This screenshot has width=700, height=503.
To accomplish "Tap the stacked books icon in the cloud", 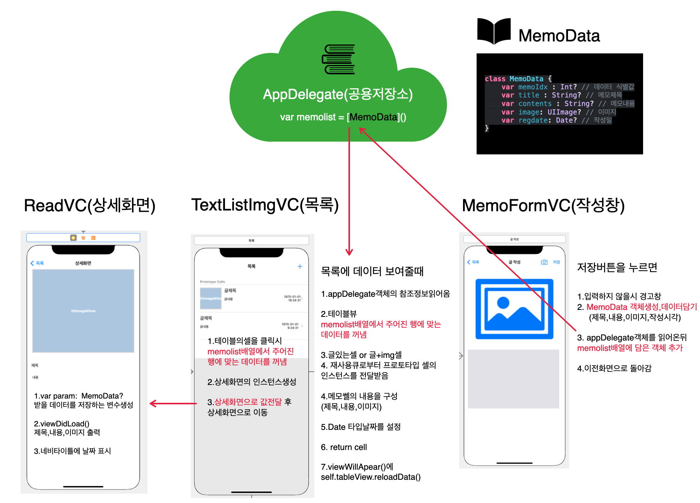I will [x=339, y=59].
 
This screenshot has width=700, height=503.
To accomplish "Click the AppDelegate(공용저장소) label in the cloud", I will [x=338, y=94].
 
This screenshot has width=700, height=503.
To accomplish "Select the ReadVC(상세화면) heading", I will [x=89, y=205].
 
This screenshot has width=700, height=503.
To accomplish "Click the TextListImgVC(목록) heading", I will [x=265, y=205].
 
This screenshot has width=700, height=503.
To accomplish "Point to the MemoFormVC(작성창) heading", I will [x=543, y=205].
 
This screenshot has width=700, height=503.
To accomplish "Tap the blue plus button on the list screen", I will [x=300, y=266].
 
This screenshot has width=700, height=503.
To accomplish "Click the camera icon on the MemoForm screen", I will [x=544, y=262].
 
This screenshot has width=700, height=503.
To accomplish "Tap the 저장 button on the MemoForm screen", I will [x=556, y=262].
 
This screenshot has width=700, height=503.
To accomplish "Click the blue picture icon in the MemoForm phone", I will [x=514, y=309].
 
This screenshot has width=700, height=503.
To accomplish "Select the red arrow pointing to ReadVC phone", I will [x=173, y=404].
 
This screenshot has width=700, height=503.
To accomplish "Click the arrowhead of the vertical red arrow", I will [x=349, y=252].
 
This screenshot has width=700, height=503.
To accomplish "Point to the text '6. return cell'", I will [x=344, y=447].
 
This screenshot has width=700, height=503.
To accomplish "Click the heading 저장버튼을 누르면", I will [x=617, y=267].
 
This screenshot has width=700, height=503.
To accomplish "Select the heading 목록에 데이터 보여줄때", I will [x=372, y=271].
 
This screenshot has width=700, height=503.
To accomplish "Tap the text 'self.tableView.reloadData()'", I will [x=371, y=477].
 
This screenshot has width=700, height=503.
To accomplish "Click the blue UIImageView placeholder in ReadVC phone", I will [x=83, y=311].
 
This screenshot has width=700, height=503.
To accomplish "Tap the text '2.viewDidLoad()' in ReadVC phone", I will [x=62, y=424].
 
